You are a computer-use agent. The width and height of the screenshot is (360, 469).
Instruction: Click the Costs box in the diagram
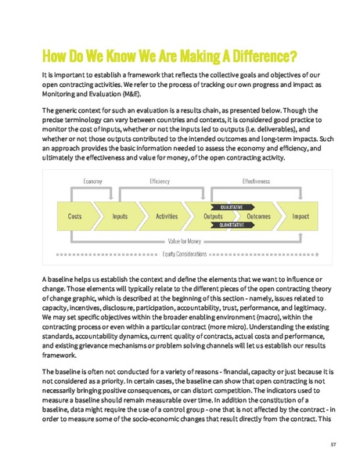(74, 215)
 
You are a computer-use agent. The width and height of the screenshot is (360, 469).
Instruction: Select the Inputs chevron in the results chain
(120, 215)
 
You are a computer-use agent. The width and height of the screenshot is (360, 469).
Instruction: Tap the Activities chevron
(166, 215)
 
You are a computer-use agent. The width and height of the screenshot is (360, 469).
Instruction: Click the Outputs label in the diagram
(213, 215)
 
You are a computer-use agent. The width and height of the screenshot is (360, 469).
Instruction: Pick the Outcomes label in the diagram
(258, 215)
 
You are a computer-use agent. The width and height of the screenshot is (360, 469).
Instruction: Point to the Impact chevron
(301, 215)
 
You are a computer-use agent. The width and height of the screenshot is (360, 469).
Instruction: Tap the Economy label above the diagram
(93, 181)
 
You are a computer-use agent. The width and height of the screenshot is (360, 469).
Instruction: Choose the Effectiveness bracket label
(256, 181)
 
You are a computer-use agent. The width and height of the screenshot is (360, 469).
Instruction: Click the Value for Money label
(184, 242)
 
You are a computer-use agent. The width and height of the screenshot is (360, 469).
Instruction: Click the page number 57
(333, 444)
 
